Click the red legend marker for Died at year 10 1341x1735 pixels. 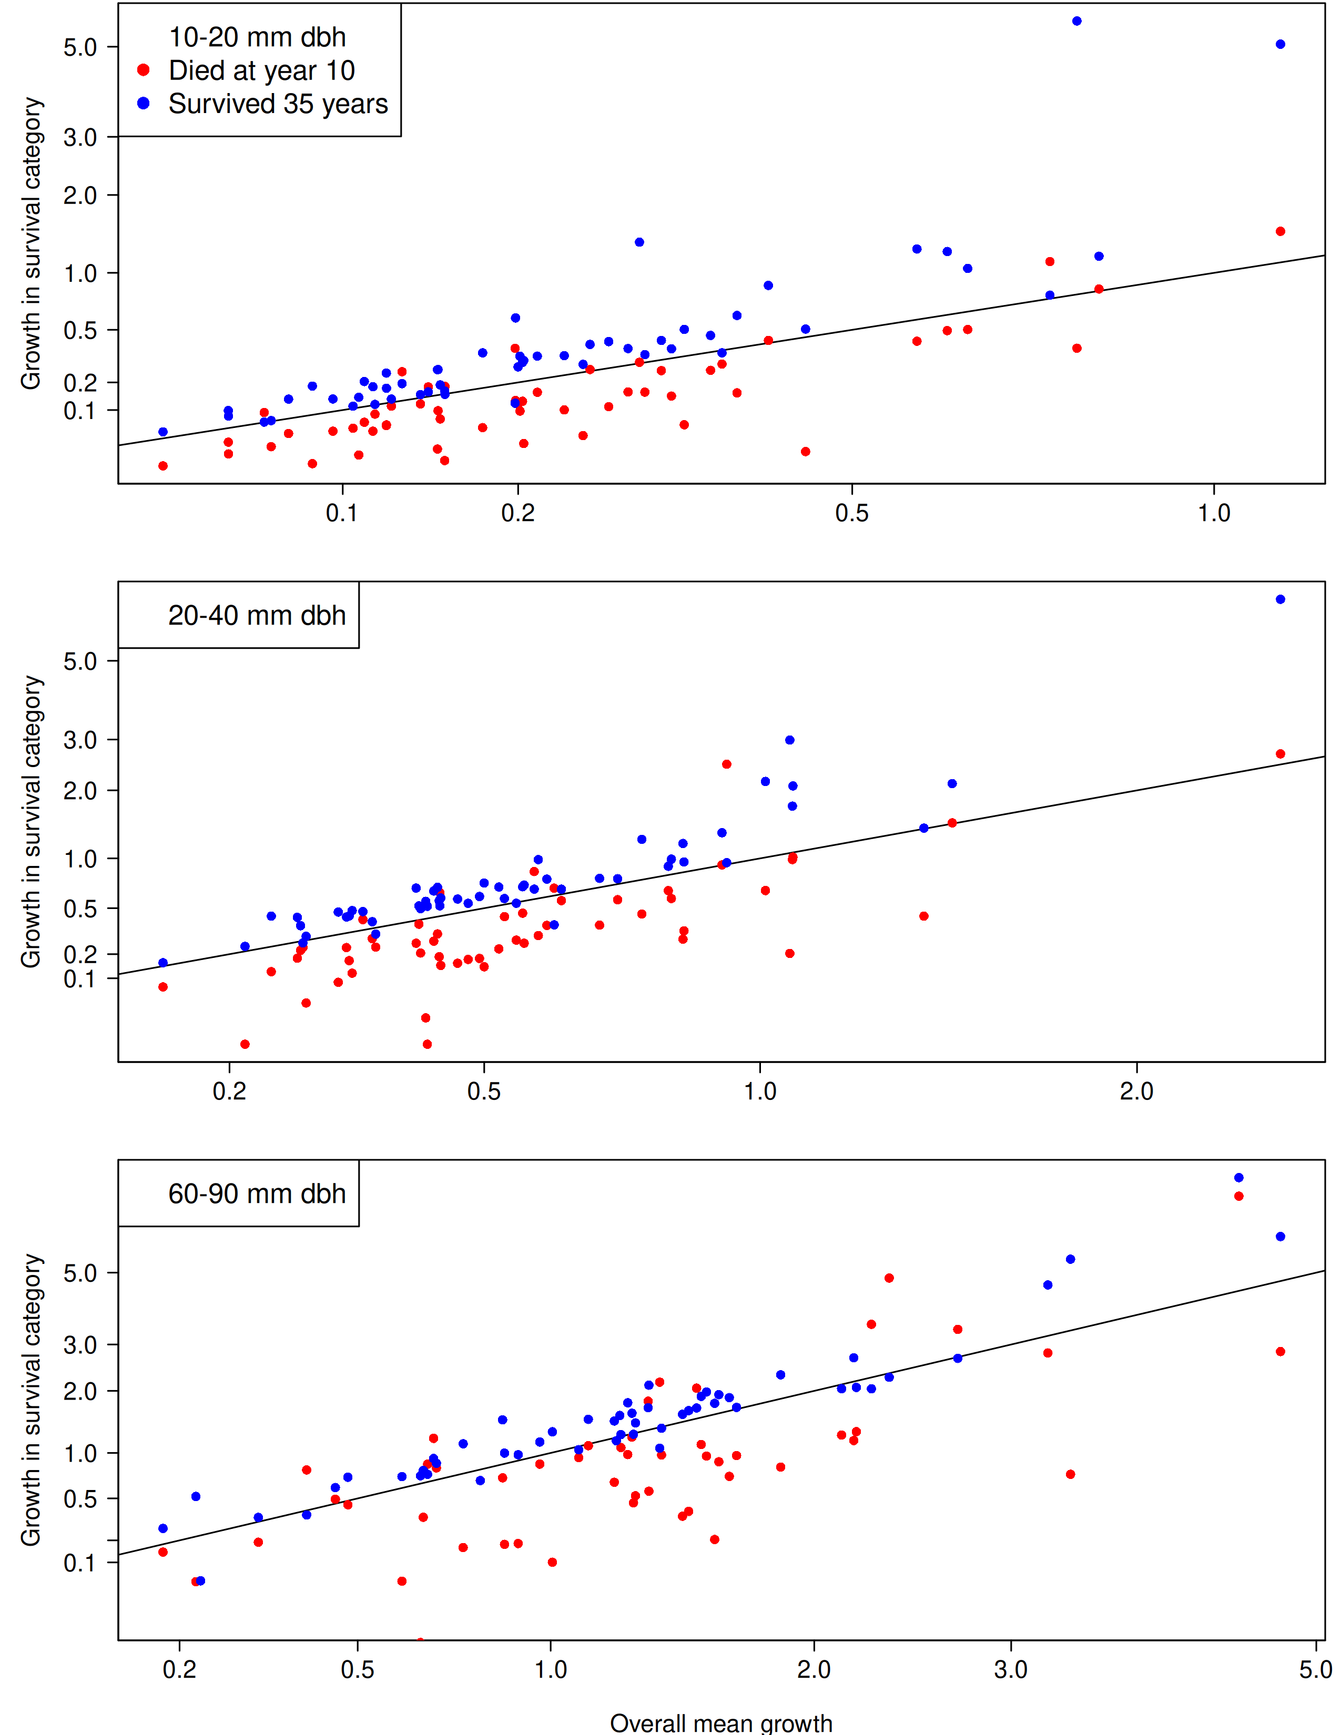143,70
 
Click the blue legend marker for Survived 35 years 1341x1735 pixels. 143,103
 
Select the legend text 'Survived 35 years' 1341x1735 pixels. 278,104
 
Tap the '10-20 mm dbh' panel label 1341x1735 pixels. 257,37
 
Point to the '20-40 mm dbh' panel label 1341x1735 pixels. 257,616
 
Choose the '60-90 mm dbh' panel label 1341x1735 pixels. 257,1194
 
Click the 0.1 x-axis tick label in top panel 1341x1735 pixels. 342,513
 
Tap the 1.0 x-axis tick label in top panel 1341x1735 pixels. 1213,513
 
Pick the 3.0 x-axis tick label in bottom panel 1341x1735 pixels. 1011,1670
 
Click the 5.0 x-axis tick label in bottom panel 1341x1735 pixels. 1316,1670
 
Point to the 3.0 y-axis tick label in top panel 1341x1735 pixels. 80,137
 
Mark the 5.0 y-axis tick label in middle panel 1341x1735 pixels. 80,661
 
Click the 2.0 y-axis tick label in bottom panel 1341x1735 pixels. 80,1391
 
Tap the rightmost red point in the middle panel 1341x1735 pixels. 1280,754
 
